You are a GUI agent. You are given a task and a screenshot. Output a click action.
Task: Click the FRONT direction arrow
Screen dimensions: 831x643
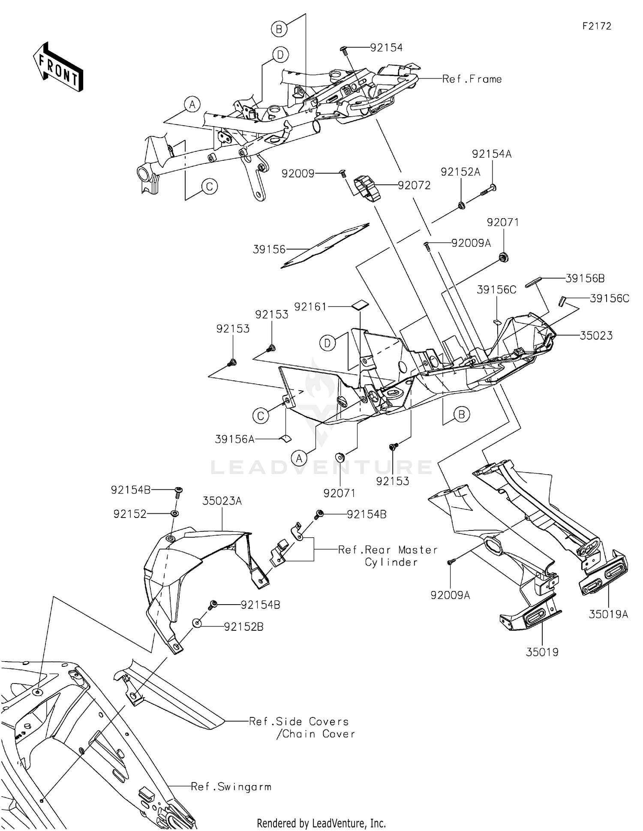58,67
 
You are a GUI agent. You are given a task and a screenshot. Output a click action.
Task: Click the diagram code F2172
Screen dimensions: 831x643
597,26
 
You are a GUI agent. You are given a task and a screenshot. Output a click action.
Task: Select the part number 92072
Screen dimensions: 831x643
414,185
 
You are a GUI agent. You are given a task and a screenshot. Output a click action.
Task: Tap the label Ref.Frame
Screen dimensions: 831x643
472,79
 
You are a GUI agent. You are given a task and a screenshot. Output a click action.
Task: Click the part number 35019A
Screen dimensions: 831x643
608,614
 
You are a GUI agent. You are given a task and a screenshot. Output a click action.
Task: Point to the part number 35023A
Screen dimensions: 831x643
222,501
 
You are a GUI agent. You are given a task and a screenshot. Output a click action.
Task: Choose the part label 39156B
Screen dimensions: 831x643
585,278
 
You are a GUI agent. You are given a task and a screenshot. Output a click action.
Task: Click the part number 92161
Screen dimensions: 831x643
310,307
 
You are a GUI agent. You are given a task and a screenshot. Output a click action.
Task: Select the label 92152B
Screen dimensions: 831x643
243,627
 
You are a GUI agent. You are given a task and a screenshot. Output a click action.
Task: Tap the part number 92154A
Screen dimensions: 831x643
492,154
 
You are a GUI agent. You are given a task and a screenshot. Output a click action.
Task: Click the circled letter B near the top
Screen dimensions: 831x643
279,29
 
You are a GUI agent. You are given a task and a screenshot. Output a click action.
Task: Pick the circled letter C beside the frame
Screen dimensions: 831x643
210,187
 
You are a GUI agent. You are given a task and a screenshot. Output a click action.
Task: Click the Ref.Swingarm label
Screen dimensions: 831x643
231,787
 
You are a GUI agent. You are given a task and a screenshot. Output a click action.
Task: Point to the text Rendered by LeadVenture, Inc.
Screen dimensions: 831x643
321,823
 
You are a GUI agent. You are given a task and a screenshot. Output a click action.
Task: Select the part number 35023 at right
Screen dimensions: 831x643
596,335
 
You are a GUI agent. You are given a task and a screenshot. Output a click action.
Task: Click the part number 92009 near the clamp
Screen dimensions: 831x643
298,173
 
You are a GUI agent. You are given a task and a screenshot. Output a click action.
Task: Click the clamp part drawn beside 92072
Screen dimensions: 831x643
367,188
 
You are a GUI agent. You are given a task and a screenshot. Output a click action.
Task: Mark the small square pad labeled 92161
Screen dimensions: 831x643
360,304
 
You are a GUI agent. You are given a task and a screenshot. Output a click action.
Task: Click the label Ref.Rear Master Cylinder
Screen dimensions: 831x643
388,556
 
